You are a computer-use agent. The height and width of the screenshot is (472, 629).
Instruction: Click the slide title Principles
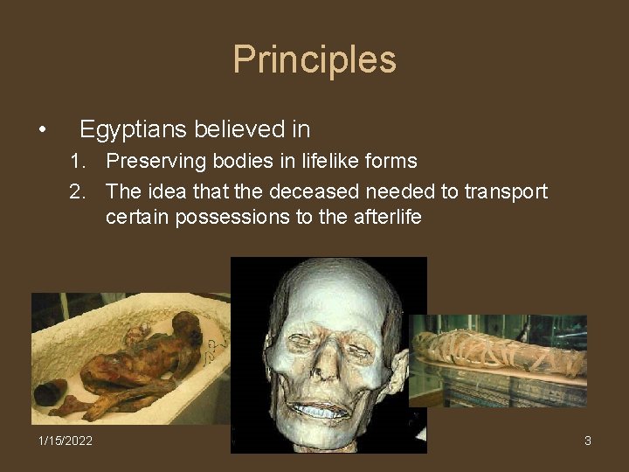coord(314,60)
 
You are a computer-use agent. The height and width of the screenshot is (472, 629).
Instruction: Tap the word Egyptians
coord(133,129)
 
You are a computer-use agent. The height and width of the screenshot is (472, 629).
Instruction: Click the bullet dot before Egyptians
coord(42,131)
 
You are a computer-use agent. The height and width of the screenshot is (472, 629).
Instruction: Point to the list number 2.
coord(77,191)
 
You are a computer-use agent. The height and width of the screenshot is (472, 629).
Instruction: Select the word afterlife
coord(385,217)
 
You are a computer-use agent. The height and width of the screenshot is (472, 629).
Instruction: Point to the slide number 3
coord(588,441)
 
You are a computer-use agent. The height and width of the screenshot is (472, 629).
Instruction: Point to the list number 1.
coord(77,161)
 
